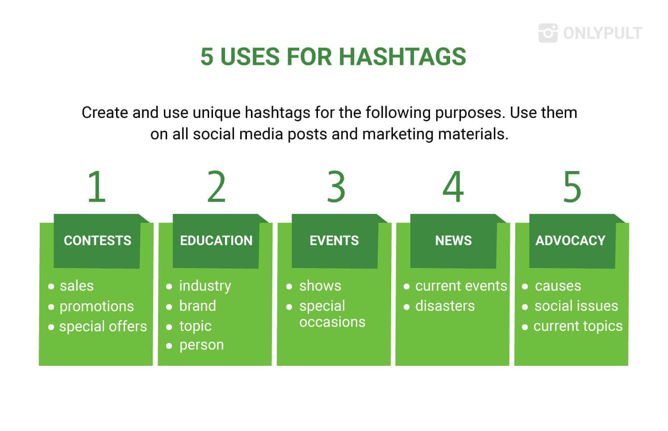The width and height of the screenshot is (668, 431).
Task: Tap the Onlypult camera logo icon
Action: tap(548, 33)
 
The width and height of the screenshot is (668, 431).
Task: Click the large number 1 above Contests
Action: tap(96, 186)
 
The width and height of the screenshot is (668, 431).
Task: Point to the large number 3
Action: tap(336, 186)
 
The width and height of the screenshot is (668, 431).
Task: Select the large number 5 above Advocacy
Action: tap(572, 186)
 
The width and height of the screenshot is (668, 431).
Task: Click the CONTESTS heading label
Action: tap(97, 240)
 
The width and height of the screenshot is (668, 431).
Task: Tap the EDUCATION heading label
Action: tap(216, 240)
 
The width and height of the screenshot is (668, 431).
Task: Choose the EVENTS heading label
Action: tap(334, 240)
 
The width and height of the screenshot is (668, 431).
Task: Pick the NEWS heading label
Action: tap(453, 240)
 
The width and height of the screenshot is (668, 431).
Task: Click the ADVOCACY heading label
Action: tap(570, 240)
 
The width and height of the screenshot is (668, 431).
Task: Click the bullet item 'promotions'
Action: tap(96, 307)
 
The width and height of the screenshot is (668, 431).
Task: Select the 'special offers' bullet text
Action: tap(103, 326)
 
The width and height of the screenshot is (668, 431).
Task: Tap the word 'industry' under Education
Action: tap(205, 286)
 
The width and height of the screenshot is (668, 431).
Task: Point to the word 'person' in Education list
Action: tap(201, 346)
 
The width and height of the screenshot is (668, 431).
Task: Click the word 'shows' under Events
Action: tap(320, 286)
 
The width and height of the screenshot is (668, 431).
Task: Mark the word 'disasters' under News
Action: tap(445, 306)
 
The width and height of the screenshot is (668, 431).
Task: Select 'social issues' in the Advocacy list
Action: tap(576, 306)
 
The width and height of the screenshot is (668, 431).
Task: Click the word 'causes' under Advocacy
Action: tap(558, 286)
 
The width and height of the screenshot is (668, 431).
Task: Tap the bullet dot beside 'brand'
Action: tap(169, 307)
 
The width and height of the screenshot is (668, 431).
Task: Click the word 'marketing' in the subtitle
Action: tap(398, 134)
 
